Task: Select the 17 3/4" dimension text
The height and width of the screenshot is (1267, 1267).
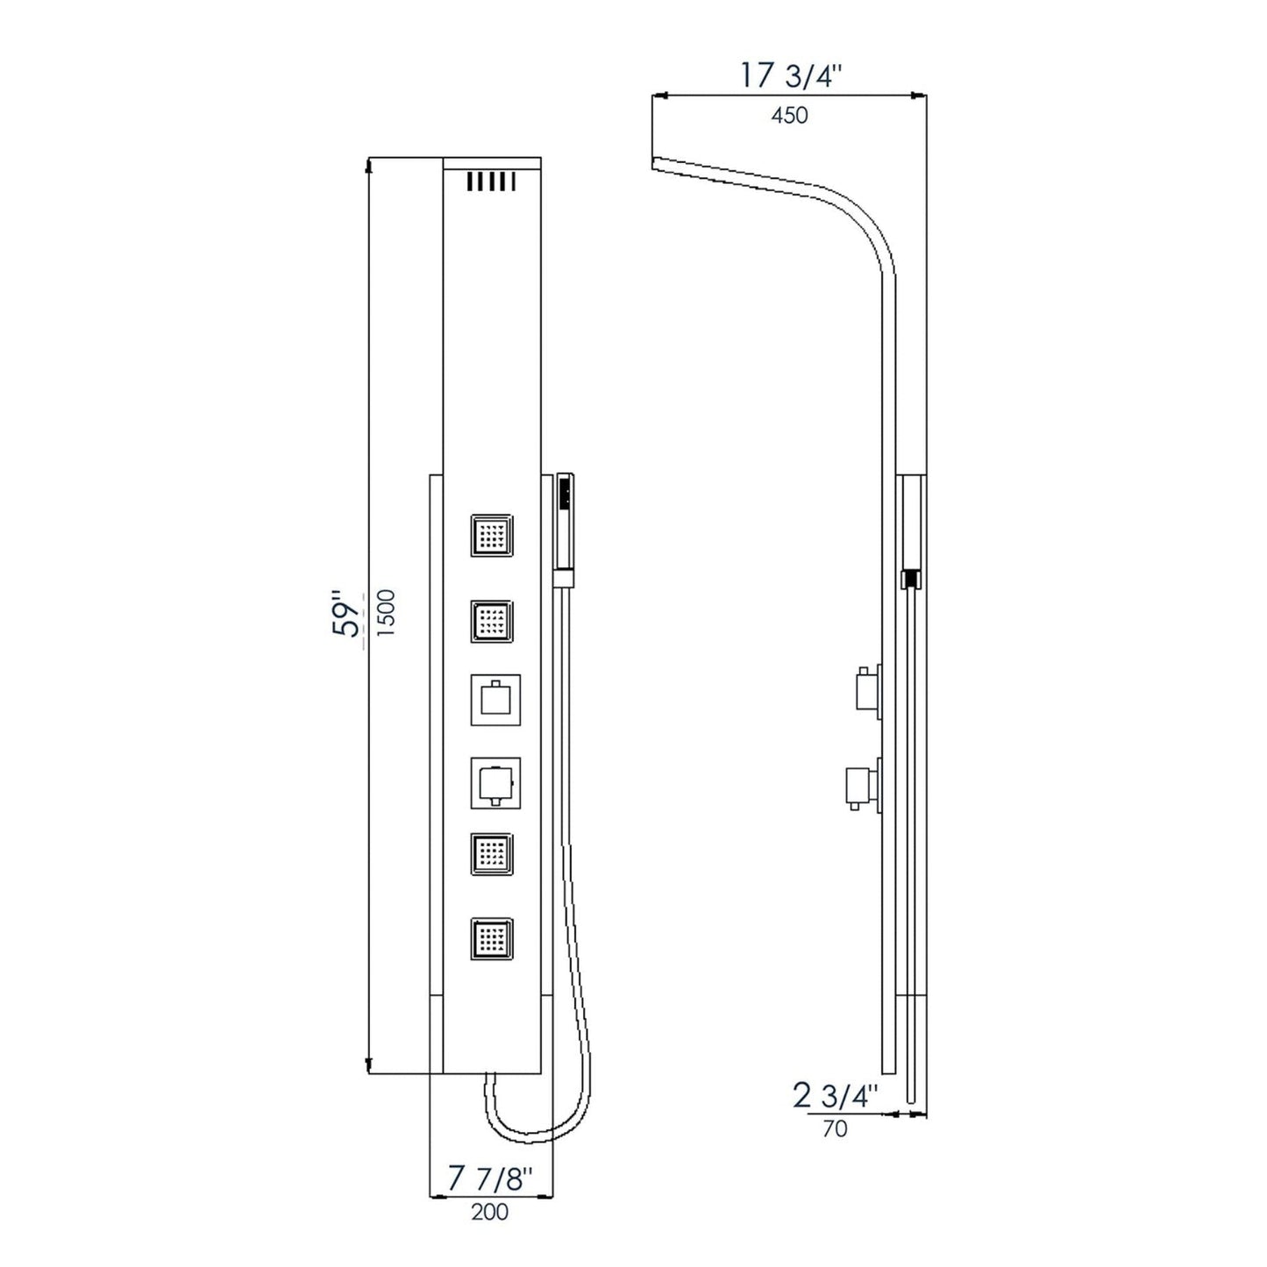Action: tap(791, 76)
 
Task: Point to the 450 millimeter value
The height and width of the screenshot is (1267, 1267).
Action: tap(789, 115)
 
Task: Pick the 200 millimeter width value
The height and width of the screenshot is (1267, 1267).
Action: tap(490, 1213)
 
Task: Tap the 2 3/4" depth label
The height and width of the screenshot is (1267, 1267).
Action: tap(835, 1096)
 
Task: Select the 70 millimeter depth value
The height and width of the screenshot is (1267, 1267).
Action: tap(836, 1128)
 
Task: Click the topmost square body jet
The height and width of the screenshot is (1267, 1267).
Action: tap(492, 536)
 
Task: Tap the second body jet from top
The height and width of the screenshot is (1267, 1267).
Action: tap(492, 622)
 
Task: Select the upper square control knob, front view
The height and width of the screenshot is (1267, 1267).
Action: tap(495, 700)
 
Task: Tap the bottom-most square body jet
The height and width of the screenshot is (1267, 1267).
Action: tap(492, 939)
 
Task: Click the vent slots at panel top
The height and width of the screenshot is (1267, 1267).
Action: tap(490, 182)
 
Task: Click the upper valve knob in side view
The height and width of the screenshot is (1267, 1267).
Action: tap(866, 689)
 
